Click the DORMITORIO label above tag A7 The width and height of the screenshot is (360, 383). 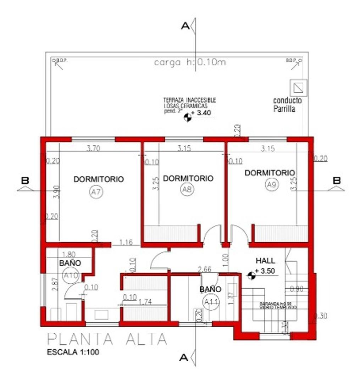point(99,179)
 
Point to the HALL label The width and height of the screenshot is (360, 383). point(265,261)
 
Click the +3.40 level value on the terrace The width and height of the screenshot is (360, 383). point(204,113)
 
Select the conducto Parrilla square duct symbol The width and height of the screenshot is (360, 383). point(298,86)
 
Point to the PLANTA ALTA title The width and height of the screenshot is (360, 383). point(107,339)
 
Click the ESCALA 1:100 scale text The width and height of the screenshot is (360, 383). point(73,352)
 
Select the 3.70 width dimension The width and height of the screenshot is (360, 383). point(93,149)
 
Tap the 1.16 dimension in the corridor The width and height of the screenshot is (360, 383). point(126,243)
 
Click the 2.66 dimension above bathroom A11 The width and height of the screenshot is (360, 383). point(205,270)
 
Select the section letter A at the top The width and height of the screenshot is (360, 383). point(184,26)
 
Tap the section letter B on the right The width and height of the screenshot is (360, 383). point(337,180)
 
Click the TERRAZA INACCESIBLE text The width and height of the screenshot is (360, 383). point(189,100)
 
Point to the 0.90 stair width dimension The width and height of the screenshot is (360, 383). point(296,289)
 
